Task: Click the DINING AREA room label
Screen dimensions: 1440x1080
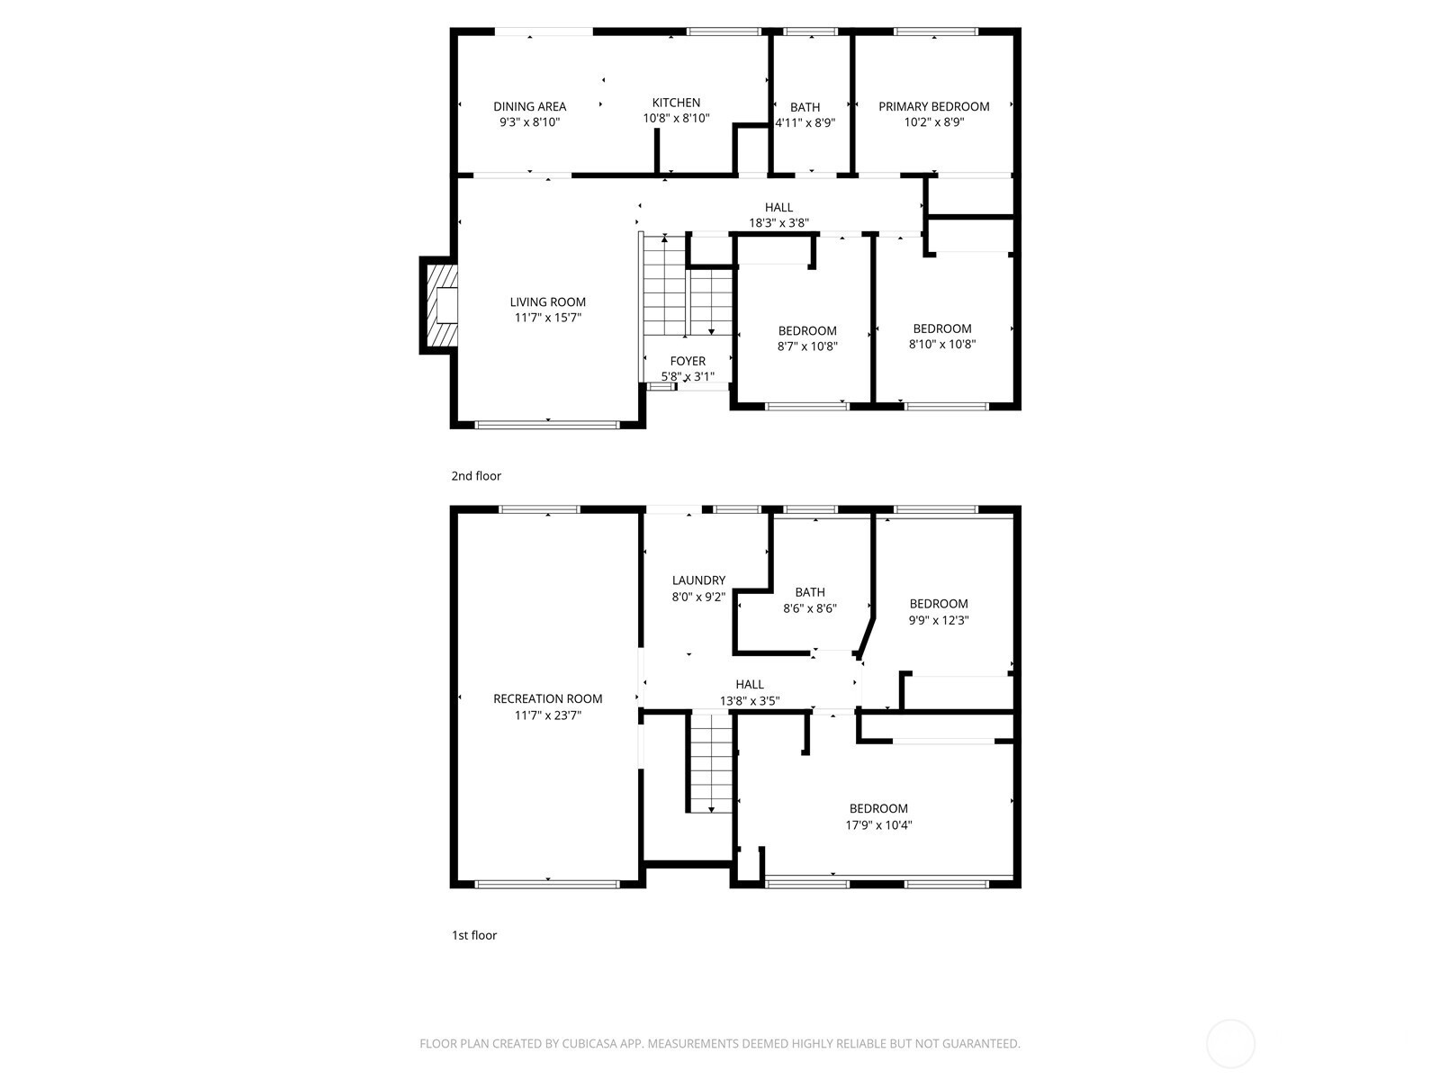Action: [x=529, y=106]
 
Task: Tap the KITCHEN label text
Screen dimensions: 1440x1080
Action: [x=676, y=103]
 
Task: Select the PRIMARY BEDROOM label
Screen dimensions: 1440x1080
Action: [x=933, y=106]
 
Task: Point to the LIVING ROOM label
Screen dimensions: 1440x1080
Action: [x=548, y=301]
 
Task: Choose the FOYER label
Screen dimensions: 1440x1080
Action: [x=688, y=361]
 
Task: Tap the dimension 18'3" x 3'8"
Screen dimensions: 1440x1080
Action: [x=778, y=223]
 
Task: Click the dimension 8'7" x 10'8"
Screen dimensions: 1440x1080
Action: [x=807, y=346]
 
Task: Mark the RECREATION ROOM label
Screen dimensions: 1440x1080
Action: [x=548, y=698]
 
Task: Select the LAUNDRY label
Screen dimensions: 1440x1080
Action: [x=698, y=580]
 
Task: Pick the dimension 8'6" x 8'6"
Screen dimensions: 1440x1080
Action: [x=809, y=607]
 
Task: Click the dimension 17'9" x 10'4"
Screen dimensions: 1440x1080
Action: [x=878, y=825]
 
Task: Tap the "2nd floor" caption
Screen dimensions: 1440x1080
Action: [x=475, y=476]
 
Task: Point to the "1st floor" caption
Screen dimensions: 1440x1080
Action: [x=473, y=935]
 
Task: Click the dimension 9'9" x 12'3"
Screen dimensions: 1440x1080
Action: [x=938, y=620]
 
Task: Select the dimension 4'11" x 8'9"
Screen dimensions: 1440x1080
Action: [x=805, y=122]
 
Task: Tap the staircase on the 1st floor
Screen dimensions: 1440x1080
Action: [x=711, y=763]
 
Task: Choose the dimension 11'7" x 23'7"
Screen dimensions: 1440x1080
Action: [x=548, y=715]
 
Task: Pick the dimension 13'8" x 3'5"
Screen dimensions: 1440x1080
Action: [x=749, y=700]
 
